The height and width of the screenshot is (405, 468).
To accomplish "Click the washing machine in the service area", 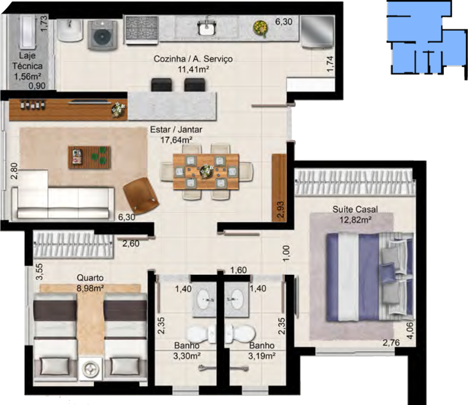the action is click(103, 35).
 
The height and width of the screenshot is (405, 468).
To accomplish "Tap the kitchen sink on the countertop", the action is click(206, 26).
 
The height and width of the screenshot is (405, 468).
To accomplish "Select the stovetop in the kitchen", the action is click(142, 30).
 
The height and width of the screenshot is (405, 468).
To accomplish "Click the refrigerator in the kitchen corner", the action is click(318, 32).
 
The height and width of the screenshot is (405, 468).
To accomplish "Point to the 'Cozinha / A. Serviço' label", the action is click(193, 59).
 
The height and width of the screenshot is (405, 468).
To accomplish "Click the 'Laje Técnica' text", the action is click(27, 61).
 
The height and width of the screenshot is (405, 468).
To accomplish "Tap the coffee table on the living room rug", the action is click(90, 157).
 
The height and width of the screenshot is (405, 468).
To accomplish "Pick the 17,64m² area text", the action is click(176, 140).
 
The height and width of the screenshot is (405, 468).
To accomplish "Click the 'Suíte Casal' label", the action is click(355, 209).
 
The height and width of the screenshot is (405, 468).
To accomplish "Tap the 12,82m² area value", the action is click(355, 219).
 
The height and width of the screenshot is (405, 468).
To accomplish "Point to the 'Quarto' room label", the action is click(90, 278).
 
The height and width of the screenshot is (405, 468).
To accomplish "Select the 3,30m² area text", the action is click(187, 356).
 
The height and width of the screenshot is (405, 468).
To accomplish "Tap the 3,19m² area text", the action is click(262, 356).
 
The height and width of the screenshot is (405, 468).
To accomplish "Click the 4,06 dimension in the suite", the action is click(410, 331).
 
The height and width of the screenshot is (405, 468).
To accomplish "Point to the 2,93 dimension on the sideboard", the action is click(280, 209).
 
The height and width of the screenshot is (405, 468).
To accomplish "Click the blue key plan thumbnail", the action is click(427, 40).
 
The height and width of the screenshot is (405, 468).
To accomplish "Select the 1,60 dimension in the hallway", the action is click(238, 270).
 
